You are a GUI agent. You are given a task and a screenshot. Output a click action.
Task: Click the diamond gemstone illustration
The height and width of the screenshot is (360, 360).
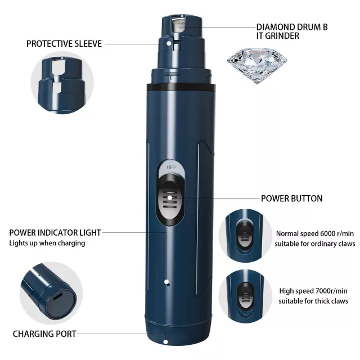coord(257,65)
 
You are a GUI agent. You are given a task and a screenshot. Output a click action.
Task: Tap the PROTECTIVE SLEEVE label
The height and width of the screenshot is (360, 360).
coord(64,44)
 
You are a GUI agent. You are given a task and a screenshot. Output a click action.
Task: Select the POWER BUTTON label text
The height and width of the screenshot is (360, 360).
coord(291,199)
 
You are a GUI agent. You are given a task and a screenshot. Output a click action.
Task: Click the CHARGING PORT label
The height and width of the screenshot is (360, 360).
coord(44,334)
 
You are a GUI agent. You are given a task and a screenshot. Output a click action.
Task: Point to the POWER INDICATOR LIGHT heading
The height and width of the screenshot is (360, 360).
coord(55,232)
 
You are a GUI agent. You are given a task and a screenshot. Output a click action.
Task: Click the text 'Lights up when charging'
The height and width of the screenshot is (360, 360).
coord(47,243)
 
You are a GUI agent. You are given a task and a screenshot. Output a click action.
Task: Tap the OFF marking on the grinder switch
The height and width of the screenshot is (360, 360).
coord(172,168)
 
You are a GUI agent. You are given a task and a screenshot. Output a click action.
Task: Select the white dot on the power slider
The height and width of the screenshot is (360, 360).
coord(169,197)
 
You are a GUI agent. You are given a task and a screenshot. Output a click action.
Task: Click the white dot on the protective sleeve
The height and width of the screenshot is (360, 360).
coord(169,43)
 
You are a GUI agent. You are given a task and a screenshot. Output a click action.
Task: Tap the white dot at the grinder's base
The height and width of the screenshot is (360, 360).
coord(165,342)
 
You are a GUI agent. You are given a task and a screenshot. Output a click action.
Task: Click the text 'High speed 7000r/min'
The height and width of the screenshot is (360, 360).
coord(313,291)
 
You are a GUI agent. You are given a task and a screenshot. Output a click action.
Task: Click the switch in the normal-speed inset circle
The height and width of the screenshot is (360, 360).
coord(245,235)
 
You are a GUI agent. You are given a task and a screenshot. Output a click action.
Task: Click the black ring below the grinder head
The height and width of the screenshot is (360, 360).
coord(181,87)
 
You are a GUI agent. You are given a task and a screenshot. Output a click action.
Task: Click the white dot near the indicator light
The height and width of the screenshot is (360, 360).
coord(167,282)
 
